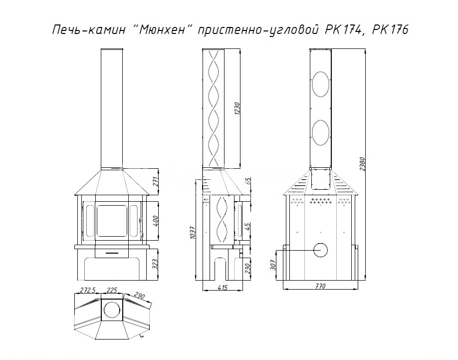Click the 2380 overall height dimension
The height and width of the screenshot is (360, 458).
pyautogui.click(x=363, y=164)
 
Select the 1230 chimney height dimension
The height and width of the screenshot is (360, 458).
pyautogui.click(x=237, y=108)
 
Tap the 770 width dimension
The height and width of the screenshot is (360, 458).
pyautogui.click(x=320, y=286)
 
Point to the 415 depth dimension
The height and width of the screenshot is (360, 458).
pyautogui.click(x=223, y=288)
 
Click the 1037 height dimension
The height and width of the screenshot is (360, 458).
pyautogui.click(x=193, y=233)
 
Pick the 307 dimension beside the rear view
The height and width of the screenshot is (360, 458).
pyautogui.click(x=273, y=265)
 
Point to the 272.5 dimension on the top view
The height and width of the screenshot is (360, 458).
pyautogui.click(x=88, y=290)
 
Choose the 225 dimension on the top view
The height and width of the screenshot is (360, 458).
pyautogui.click(x=112, y=290)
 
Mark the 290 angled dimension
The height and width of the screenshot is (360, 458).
pyautogui.click(x=140, y=295)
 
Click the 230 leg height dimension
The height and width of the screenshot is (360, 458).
pyautogui.click(x=247, y=268)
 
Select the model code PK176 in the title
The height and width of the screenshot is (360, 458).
pyautogui.click(x=390, y=29)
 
